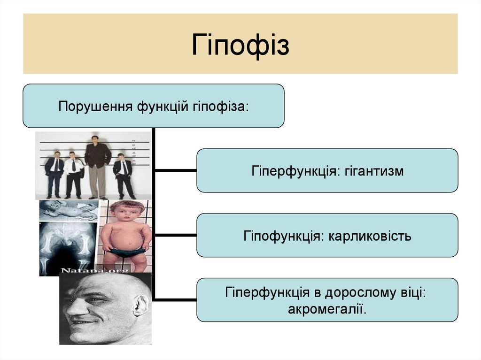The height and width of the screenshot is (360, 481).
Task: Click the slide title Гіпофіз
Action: [x=240, y=45]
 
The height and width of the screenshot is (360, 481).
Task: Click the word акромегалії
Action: [x=327, y=309]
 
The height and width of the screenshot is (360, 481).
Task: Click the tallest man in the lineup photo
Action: [x=97, y=164]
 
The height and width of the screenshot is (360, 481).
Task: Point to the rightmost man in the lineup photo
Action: [x=124, y=175]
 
